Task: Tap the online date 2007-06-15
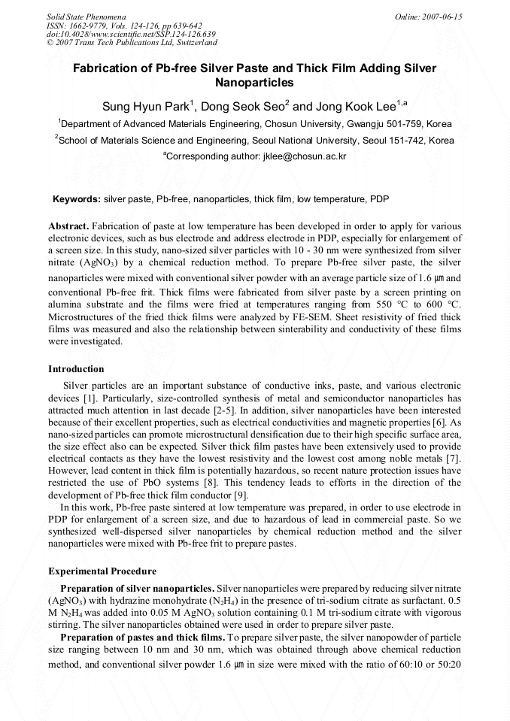point(438,16)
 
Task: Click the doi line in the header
point(131,34)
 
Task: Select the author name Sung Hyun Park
point(145,106)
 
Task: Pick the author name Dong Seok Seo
point(241,106)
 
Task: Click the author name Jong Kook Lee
point(354,106)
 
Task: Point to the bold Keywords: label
point(76,199)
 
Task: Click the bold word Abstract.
point(68,226)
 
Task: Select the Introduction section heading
point(76,369)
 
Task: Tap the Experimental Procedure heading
point(102,571)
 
